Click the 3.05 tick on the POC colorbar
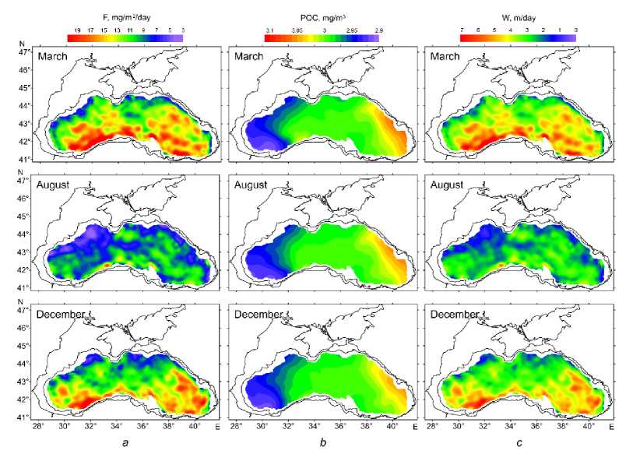click(x=297, y=29)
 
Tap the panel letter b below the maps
click(x=325, y=443)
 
